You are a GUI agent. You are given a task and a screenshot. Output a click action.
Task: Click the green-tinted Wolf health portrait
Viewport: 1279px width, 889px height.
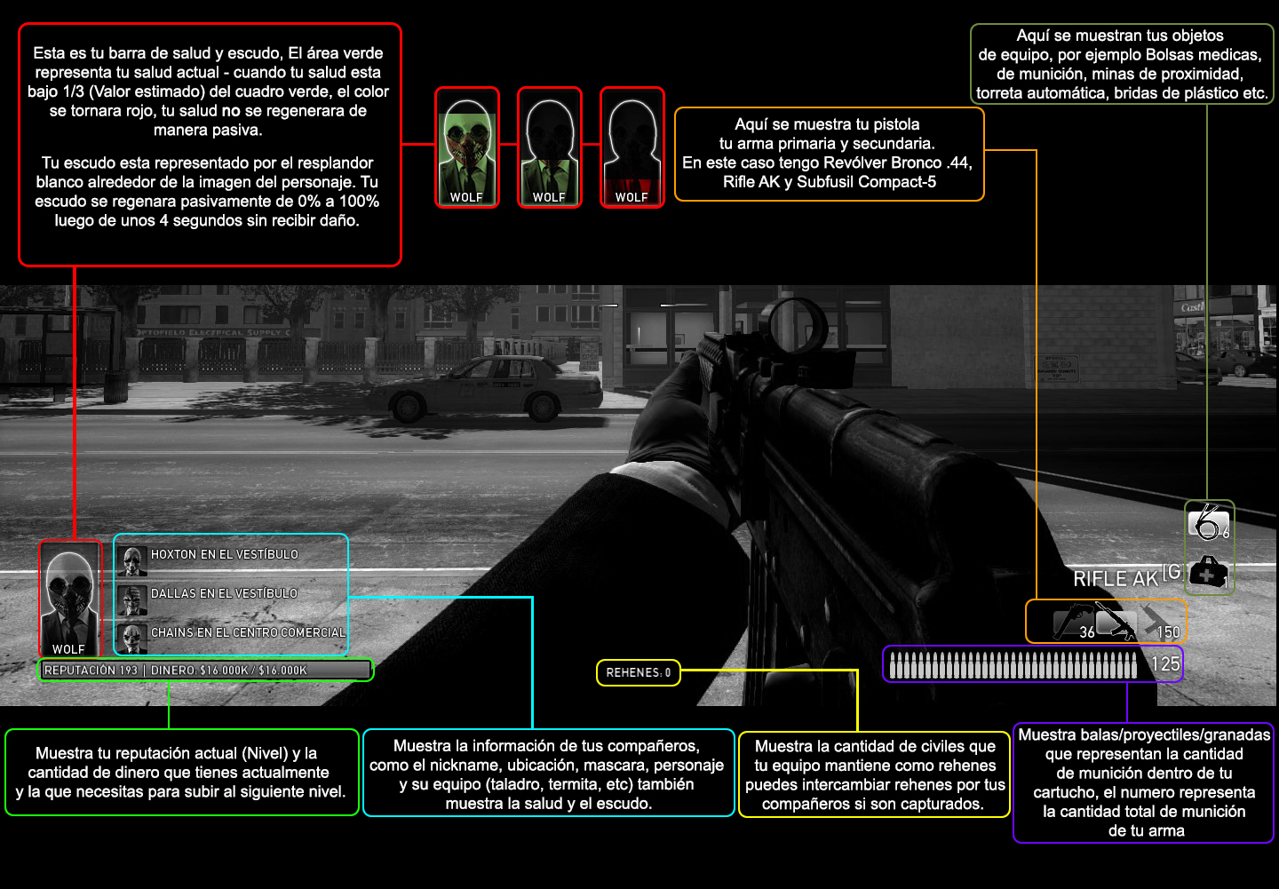[467, 147]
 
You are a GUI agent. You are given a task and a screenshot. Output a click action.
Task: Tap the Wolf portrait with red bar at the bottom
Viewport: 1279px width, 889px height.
[632, 147]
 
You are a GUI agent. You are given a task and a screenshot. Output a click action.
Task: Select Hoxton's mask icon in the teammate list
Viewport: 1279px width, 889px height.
[131, 560]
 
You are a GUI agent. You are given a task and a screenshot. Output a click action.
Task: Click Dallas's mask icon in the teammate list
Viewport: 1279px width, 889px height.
[131, 599]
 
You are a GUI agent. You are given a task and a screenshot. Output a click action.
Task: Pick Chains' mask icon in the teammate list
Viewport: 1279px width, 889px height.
[131, 639]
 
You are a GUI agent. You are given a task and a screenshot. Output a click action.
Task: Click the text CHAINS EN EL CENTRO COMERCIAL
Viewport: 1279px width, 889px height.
[248, 632]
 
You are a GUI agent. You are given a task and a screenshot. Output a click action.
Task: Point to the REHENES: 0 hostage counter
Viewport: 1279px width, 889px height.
[639, 672]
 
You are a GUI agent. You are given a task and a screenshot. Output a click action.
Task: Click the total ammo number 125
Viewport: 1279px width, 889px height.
[1164, 663]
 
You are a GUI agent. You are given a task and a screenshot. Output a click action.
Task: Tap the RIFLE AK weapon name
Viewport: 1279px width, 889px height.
[1116, 578]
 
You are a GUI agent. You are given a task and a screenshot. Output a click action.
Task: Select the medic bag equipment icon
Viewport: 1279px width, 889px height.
[1208, 572]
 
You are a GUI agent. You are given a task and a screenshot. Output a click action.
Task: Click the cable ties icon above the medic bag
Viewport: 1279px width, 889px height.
[1207, 522]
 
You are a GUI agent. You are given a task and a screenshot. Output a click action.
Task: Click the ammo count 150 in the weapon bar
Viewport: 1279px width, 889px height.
[1168, 631]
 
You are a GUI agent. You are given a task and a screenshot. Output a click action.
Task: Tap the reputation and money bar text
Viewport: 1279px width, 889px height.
[175, 670]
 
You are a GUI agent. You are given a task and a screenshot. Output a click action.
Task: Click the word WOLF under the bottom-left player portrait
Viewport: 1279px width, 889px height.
[68, 648]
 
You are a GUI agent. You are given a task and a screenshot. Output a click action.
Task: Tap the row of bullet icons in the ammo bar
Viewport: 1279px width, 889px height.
[1013, 665]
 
